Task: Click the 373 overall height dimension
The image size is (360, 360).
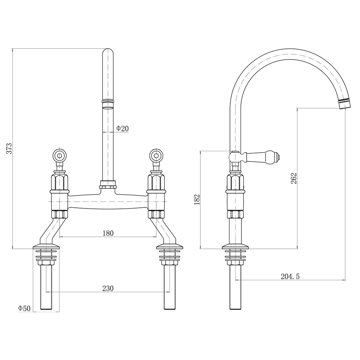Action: pyautogui.click(x=9, y=148)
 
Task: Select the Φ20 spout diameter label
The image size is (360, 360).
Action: pyautogui.click(x=122, y=129)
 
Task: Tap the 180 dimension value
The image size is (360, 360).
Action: pyautogui.click(x=108, y=233)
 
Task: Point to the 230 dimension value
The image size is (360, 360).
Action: pyautogui.click(x=108, y=288)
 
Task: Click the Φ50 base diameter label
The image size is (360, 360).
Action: pyautogui.click(x=24, y=308)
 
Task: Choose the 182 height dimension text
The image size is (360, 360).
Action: pyautogui.click(x=197, y=199)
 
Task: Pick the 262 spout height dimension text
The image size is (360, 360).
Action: pyautogui.click(x=294, y=178)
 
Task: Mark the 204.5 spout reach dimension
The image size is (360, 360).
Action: pyautogui.click(x=290, y=277)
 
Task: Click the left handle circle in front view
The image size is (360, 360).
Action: pyautogui.click(x=59, y=155)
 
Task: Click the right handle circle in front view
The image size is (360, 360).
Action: pyautogui.click(x=156, y=155)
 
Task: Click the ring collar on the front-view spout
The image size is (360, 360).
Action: pyautogui.click(x=108, y=101)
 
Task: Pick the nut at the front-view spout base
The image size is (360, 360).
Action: pyautogui.click(x=108, y=184)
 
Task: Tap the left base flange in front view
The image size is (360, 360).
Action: pyautogui.click(x=46, y=247)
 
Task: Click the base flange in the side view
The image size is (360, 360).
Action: pyautogui.click(x=236, y=247)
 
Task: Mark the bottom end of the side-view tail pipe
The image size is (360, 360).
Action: pyautogui.click(x=236, y=308)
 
